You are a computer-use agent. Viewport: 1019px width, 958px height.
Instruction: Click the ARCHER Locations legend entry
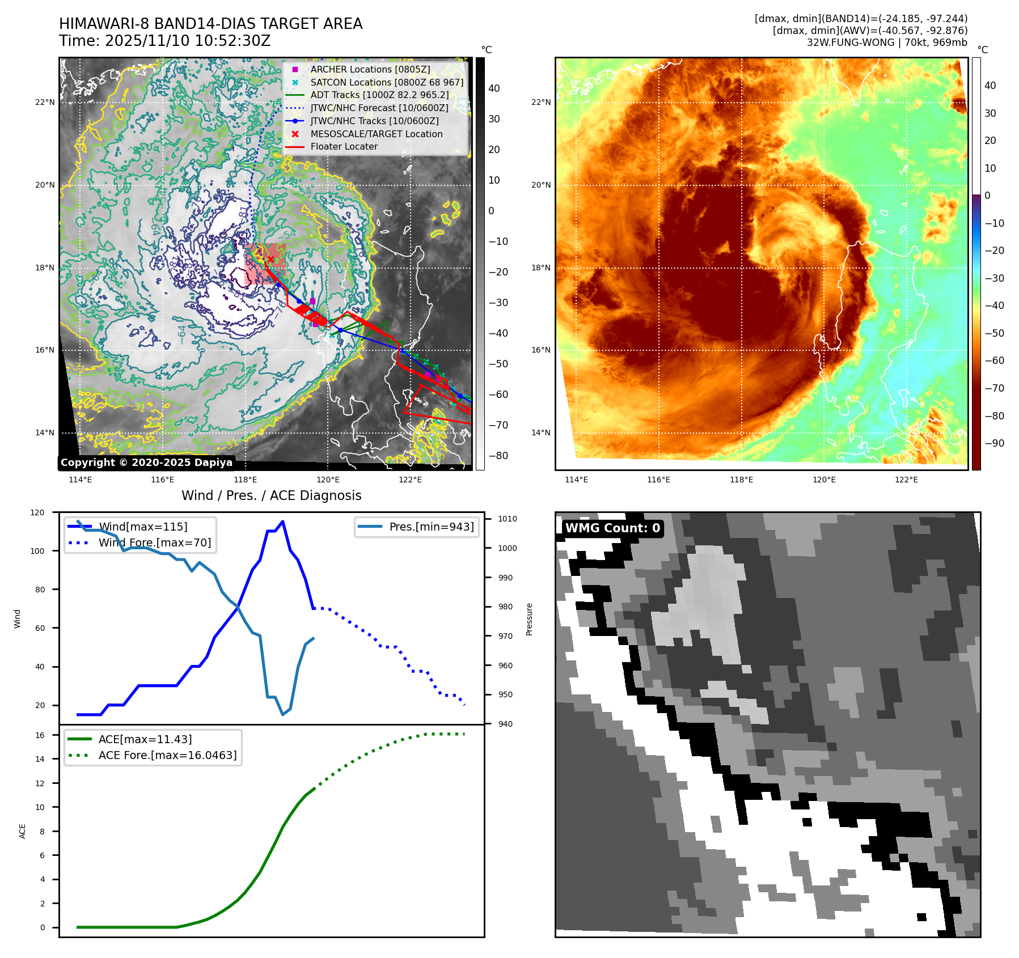[x=370, y=69]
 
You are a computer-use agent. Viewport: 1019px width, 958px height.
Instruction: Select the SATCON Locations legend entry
[x=386, y=82]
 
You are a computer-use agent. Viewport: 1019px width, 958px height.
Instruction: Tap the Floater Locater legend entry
[x=344, y=146]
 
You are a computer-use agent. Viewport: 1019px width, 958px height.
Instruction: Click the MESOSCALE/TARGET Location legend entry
[x=376, y=134]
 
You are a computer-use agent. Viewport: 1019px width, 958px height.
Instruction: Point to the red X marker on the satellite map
[x=270, y=260]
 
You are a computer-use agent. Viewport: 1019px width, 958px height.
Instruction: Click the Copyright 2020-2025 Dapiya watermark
[x=146, y=463]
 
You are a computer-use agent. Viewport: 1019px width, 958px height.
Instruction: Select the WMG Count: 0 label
[x=612, y=528]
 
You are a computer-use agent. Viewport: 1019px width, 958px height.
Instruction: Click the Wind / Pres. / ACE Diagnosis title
[x=271, y=495]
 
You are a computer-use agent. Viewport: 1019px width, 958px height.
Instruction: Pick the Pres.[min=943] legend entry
[x=431, y=527]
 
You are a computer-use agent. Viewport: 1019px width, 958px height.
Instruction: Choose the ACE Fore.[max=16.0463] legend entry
[x=167, y=755]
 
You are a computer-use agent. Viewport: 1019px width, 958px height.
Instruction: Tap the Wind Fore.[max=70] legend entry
[x=154, y=542]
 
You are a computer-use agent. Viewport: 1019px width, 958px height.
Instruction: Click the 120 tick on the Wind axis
[x=37, y=512]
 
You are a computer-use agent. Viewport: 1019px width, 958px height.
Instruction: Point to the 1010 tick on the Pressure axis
[x=508, y=519]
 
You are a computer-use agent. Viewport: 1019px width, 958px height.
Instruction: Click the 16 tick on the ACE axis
[x=40, y=735]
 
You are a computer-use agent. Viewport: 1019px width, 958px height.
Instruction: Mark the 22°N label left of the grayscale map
[x=45, y=103]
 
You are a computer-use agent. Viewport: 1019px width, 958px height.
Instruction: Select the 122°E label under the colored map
[x=906, y=480]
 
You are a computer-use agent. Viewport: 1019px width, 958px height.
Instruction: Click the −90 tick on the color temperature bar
[x=994, y=443]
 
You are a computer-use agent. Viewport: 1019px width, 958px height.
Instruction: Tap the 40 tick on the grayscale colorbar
[x=494, y=88]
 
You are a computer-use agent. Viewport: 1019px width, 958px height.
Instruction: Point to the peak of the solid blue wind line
[x=282, y=522]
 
